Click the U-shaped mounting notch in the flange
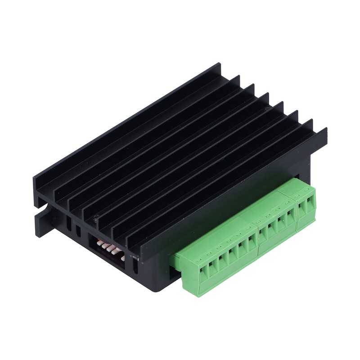pyautogui.click(x=45, y=209)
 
